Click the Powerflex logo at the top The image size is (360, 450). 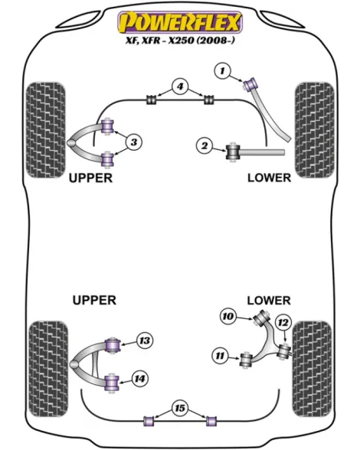pos(180,21)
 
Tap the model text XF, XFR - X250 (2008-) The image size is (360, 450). pos(180,40)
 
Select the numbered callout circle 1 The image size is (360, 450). pos(222,71)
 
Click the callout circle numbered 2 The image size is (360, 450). pos(205,145)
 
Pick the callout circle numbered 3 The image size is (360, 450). pos(134,142)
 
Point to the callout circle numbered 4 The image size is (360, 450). pos(180,86)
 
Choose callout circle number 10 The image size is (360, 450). pos(228,317)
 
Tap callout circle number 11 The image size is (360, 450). pos(220,356)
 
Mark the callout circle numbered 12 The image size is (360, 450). pos(283,323)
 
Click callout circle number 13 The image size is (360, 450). pos(145,341)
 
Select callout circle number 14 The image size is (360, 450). pos(139,379)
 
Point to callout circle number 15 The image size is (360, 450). pos(180,408)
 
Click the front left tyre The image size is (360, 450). pos(45,130)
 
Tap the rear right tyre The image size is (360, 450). pos(312,369)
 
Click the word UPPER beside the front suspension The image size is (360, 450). pos(90,178)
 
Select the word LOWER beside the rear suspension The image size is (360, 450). pos(269,301)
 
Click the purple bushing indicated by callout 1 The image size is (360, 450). pos(250,83)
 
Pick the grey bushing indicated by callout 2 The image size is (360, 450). pos(233,152)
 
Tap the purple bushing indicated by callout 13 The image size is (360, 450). pos(113,345)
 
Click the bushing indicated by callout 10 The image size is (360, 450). pos(261,318)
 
